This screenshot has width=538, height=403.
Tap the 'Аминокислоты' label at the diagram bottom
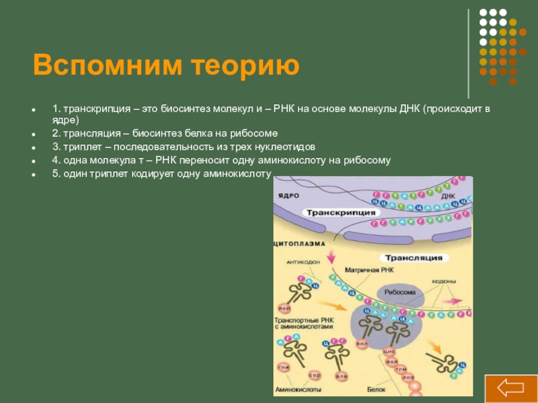(298, 390)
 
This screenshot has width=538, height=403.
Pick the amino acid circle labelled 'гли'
(284, 367)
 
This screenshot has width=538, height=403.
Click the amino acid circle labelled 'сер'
(314, 375)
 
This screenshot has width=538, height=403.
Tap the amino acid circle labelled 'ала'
(342, 376)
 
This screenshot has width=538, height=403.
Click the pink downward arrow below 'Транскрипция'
(331, 256)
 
